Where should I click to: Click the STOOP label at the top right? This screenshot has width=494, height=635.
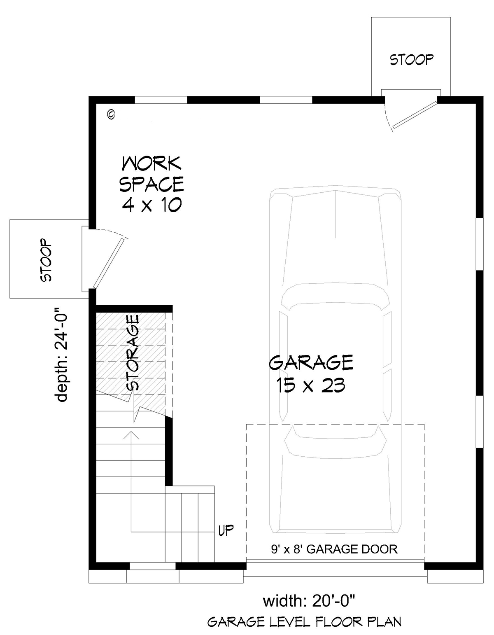(x=411, y=60)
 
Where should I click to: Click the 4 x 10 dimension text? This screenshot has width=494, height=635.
(x=152, y=205)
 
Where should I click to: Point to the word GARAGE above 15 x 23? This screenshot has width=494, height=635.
(x=311, y=363)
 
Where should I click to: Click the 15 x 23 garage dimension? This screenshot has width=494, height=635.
(x=311, y=385)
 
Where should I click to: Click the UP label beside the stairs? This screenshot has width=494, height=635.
(x=226, y=530)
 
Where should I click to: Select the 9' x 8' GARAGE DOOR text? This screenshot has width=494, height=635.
(x=334, y=549)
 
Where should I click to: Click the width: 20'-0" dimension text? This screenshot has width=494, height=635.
(x=309, y=601)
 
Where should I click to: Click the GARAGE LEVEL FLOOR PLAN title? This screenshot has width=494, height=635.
(x=304, y=622)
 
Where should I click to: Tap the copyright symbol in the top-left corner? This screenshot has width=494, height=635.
(x=111, y=114)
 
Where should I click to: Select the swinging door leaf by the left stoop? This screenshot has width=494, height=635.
(x=109, y=263)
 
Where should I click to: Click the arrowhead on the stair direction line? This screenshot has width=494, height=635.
(x=131, y=433)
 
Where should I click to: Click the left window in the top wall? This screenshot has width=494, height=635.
(x=161, y=99)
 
